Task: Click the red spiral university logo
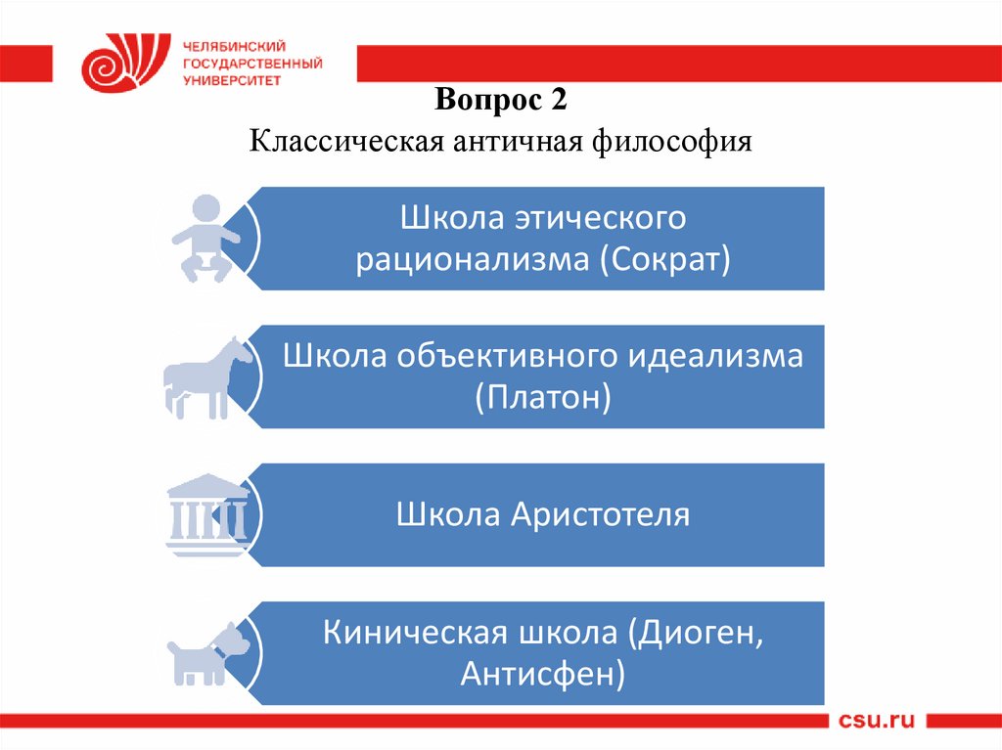point(126,62)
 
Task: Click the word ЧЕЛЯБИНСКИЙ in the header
point(234,47)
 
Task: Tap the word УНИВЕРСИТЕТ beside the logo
point(232,80)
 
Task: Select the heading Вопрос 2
point(500,100)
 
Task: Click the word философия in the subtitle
point(671,141)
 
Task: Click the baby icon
point(205,239)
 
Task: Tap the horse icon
point(207,378)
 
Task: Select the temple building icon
point(207,514)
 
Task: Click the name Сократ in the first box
point(664,259)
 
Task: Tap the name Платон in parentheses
point(543,397)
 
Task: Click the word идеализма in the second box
point(714,356)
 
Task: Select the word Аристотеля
point(600,514)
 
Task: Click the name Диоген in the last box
point(696,633)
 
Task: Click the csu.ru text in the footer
point(876,721)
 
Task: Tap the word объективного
point(507,357)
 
